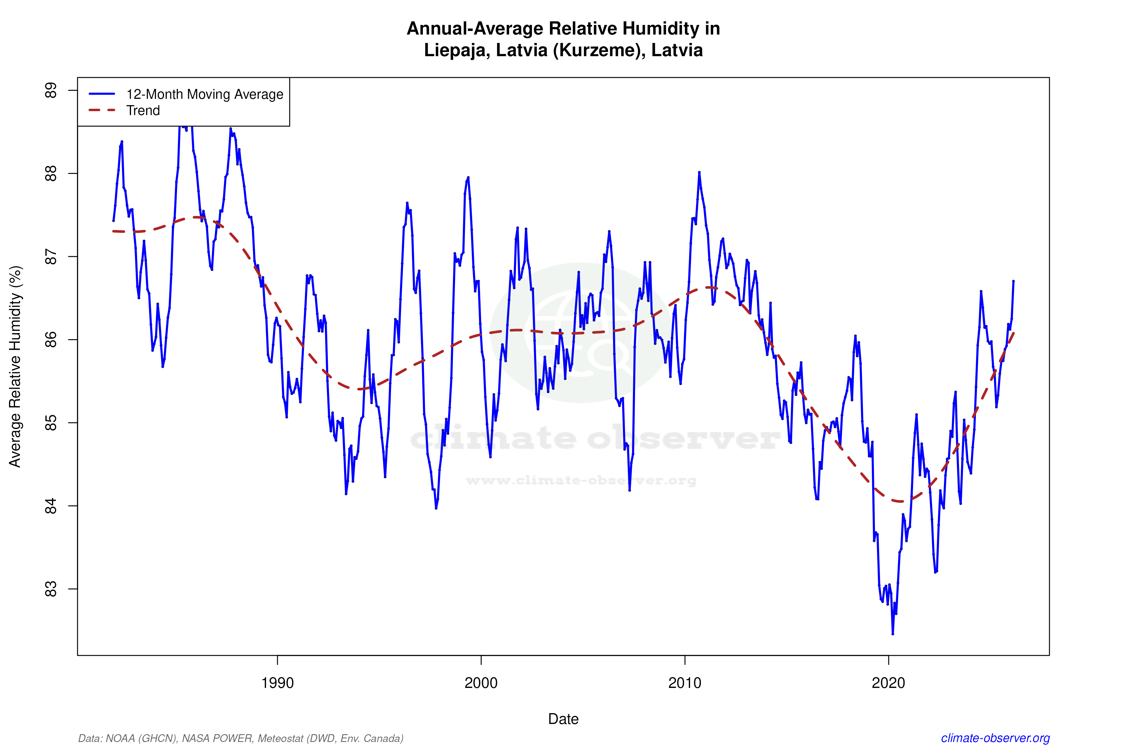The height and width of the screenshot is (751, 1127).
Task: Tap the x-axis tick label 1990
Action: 277,683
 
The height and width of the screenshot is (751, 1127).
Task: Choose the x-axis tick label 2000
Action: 481,683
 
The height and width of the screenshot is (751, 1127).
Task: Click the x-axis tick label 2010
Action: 685,683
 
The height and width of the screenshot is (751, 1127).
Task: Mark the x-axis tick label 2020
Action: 888,683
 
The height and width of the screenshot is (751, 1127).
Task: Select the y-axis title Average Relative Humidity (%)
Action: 15,366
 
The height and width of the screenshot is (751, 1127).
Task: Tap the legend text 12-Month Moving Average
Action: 205,94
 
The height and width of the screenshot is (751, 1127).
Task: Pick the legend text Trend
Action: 143,111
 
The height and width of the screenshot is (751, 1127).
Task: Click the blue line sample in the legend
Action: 102,94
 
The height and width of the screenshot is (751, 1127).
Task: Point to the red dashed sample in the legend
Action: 102,110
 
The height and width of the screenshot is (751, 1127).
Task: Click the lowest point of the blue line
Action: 892,634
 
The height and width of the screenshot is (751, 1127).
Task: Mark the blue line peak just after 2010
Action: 699,172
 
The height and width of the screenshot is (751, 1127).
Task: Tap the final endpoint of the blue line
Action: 1013,281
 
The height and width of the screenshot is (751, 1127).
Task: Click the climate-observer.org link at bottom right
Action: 995,738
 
